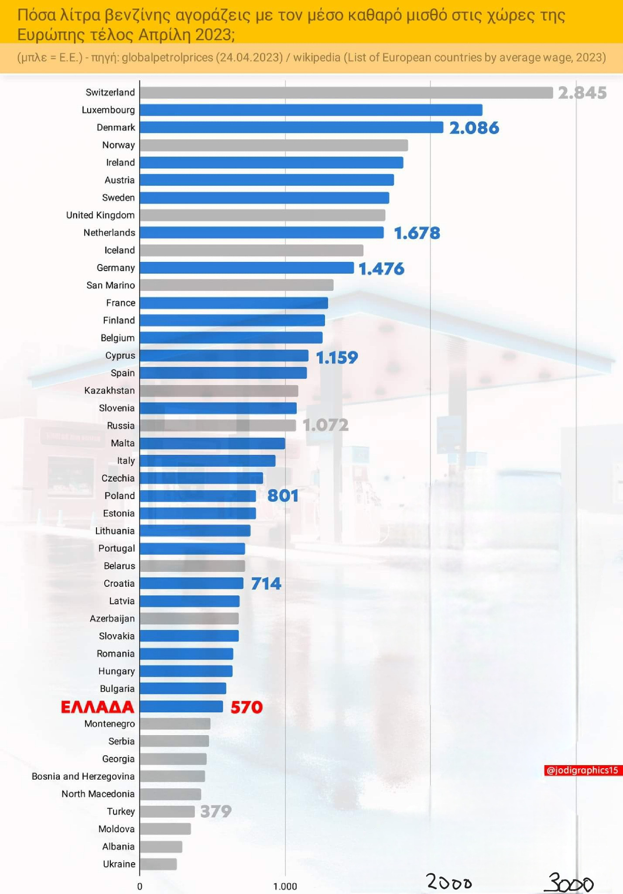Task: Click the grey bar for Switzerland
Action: [x=346, y=93]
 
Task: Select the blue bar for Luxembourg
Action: [x=311, y=110]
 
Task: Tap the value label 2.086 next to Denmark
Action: [x=474, y=128]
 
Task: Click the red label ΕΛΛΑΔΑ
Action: [x=97, y=707]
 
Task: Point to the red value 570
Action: [x=246, y=707]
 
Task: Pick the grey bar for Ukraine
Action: [x=158, y=864]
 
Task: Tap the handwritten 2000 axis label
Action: [x=449, y=882]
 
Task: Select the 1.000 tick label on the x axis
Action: [x=285, y=887]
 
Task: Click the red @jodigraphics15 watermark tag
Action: [x=582, y=770]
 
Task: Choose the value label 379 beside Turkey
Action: [x=216, y=811]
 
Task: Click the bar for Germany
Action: [x=246, y=268]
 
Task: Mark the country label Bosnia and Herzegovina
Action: [x=83, y=777]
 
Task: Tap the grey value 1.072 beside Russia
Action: [x=325, y=425]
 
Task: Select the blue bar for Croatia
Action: [x=191, y=584]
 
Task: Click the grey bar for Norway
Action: [x=274, y=145]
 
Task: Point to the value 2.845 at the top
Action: [x=582, y=93]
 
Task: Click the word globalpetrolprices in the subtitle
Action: [x=167, y=58]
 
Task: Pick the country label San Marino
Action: [x=110, y=285]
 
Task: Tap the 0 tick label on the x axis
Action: [x=140, y=887]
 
